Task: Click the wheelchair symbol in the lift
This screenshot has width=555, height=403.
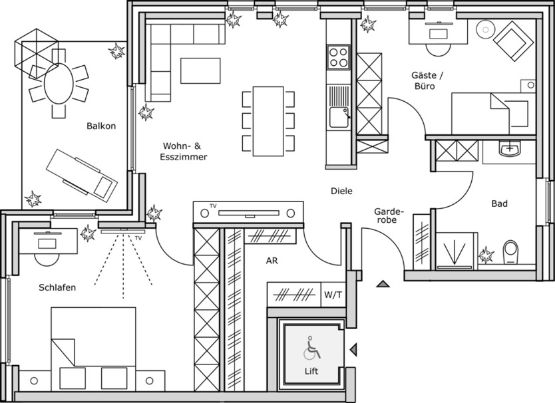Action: tap(311, 348)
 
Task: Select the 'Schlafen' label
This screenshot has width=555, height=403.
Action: tap(57, 288)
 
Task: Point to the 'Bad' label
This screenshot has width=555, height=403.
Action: tap(500, 203)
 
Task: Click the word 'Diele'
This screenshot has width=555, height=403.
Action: tap(341, 192)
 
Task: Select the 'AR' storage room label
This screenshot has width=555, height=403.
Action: tap(272, 261)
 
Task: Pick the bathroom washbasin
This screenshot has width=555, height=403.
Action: tap(510, 150)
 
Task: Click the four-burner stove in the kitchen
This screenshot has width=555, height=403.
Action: tap(338, 57)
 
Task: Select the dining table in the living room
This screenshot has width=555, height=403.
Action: tap(269, 121)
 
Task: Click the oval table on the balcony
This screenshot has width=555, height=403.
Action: tap(59, 84)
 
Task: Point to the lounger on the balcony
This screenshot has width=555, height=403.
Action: tap(82, 174)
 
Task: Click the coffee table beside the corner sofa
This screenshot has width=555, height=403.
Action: tap(200, 70)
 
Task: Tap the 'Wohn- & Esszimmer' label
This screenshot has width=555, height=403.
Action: tap(183, 152)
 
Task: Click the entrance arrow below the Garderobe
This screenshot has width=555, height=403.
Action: tap(382, 284)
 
